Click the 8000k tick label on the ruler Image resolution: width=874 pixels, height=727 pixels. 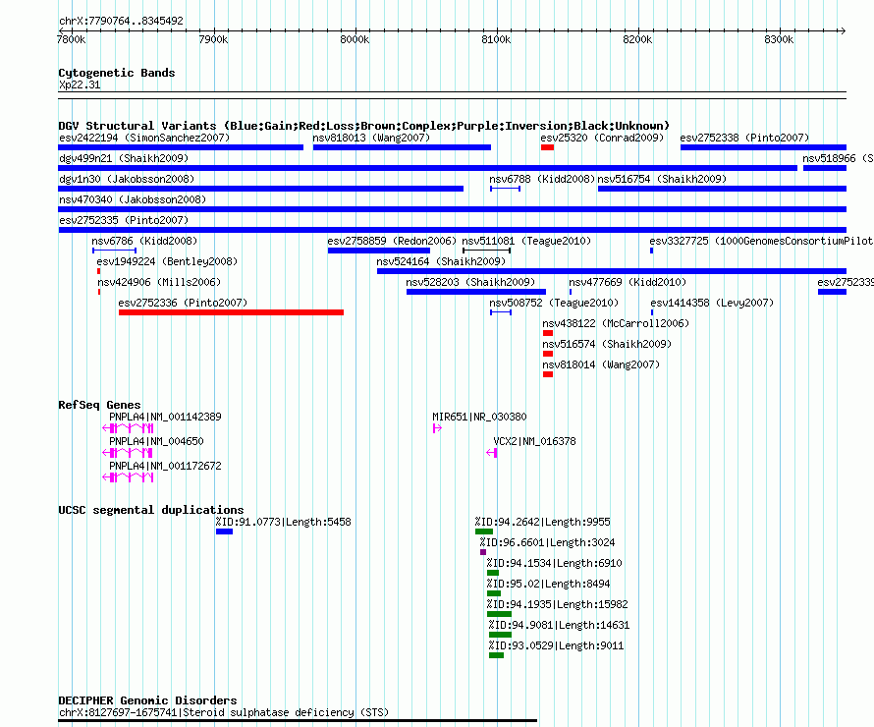point(355,39)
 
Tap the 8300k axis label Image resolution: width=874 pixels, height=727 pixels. point(779,39)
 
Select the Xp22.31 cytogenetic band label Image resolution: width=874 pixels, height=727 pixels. point(80,84)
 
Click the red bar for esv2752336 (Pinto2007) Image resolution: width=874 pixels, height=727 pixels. point(231,312)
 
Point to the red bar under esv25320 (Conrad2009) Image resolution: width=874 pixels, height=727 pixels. point(547,147)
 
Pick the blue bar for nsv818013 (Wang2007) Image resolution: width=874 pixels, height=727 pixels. point(402,147)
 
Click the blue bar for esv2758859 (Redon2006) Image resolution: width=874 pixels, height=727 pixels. point(379,251)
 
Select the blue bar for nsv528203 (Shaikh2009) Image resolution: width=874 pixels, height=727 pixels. point(476,292)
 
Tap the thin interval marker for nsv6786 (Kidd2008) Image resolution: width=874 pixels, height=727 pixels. point(114,251)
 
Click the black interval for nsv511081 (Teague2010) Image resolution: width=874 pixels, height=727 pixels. point(487,251)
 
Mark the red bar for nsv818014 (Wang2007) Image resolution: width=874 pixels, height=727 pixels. point(548,374)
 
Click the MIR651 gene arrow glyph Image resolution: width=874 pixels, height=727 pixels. point(438,428)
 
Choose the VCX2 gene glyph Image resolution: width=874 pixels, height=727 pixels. point(492,453)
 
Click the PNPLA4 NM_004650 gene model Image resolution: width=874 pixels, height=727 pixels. point(128,453)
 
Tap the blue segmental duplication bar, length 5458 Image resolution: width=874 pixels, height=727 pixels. point(224,531)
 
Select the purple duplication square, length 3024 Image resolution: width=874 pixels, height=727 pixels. point(483,552)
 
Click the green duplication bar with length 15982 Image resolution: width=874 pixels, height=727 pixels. point(499,614)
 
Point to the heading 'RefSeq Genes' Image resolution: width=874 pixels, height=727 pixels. point(99,405)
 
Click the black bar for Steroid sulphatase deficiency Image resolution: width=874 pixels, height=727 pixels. point(298,721)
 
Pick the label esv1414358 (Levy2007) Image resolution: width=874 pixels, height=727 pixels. point(712,303)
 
